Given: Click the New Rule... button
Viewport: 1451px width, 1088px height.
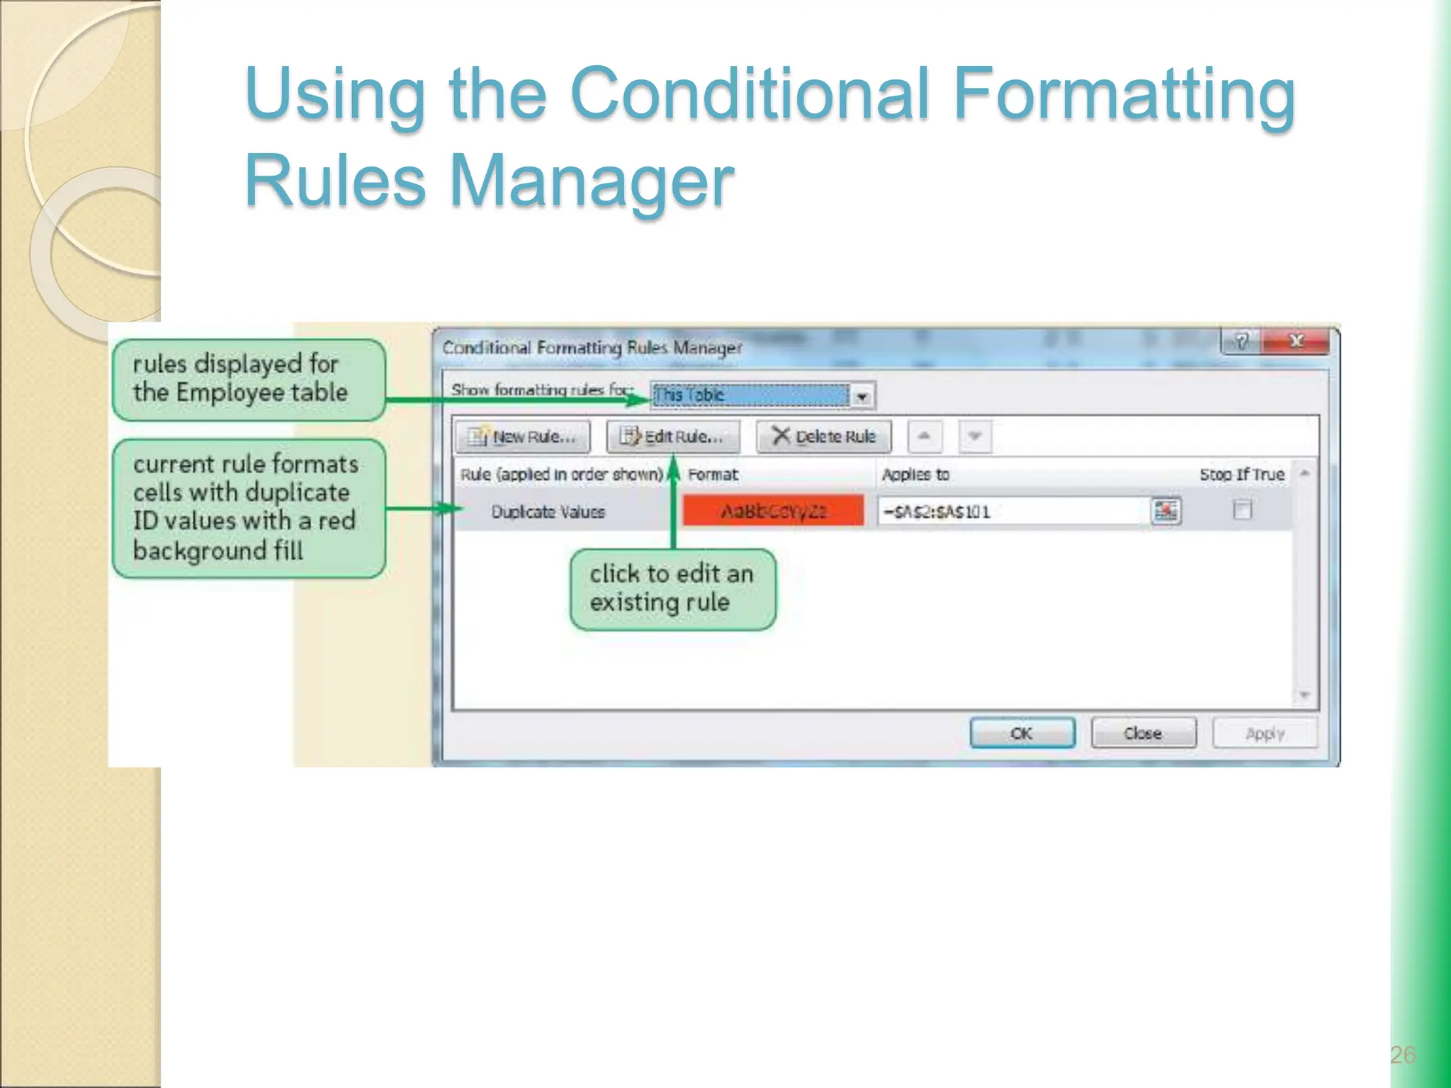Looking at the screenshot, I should click(523, 436).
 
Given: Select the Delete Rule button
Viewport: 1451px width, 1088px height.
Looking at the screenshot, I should click(824, 436).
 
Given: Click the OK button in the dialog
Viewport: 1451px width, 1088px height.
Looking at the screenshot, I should click(1022, 733).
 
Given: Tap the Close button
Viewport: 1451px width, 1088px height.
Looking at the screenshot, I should click(1143, 733).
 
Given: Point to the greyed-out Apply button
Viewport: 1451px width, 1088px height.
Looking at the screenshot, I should click(1265, 733).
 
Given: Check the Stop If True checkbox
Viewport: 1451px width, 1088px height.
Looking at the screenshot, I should click(1242, 510).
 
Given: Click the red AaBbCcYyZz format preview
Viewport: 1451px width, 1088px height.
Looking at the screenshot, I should click(773, 511).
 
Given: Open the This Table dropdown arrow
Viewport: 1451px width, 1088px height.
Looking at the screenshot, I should click(862, 396).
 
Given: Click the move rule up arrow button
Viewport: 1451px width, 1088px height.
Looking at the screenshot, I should click(924, 436).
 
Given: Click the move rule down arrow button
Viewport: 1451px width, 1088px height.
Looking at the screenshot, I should click(975, 436).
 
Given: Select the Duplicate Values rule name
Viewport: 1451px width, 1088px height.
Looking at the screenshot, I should click(548, 511).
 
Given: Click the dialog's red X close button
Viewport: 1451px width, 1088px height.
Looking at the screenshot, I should click(1297, 341).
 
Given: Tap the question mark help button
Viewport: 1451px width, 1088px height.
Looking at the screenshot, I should click(1241, 341).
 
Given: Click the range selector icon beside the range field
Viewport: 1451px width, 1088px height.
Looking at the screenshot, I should click(1165, 511).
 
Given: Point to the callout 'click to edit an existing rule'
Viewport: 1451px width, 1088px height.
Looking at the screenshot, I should click(672, 589).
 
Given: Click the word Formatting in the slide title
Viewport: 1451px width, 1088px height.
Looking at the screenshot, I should click(1124, 93).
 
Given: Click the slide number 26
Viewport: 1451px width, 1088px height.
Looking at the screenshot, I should click(1402, 1055).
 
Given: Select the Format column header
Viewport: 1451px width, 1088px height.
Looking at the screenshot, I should click(713, 475).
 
